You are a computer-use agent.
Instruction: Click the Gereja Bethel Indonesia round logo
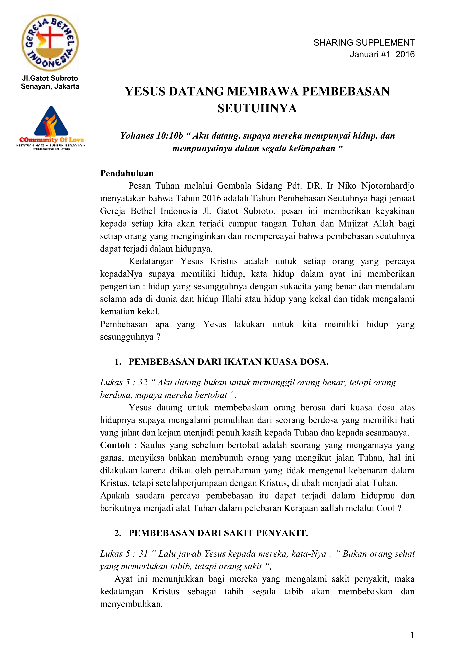(x=50, y=43)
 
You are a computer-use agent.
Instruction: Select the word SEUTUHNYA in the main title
(x=257, y=108)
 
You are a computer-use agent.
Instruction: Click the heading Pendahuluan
(x=127, y=173)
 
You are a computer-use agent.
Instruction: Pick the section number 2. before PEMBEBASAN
(x=118, y=533)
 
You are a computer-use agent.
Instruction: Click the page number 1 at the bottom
(x=412, y=635)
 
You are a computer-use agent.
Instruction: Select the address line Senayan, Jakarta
(x=50, y=86)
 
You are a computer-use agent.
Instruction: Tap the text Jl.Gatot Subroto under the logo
(x=50, y=78)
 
